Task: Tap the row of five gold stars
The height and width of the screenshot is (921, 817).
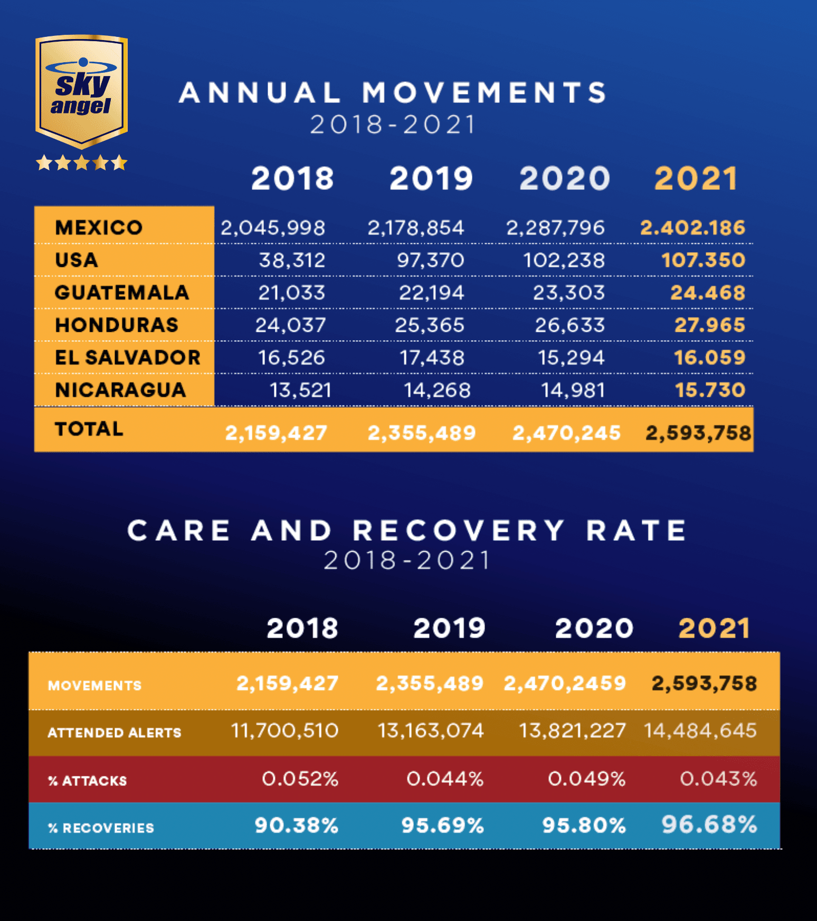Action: pyautogui.click(x=81, y=162)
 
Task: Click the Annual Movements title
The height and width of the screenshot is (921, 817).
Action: pyautogui.click(x=393, y=93)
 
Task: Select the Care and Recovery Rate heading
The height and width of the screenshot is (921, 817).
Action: pyautogui.click(x=407, y=530)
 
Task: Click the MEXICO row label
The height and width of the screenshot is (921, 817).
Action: pyautogui.click(x=99, y=227)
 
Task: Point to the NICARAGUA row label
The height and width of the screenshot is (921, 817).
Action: pyautogui.click(x=120, y=390)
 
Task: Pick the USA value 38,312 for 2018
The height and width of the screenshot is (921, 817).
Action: pyautogui.click(x=292, y=260)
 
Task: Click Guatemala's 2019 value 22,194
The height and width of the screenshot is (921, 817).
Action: pyautogui.click(x=431, y=293)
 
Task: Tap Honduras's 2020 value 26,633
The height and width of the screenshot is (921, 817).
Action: pyautogui.click(x=569, y=325)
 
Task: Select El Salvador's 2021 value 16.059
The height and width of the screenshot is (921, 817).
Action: pyautogui.click(x=709, y=358)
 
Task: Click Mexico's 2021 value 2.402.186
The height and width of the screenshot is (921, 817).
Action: pyautogui.click(x=692, y=228)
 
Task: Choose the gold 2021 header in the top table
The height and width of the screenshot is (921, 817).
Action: pyautogui.click(x=696, y=178)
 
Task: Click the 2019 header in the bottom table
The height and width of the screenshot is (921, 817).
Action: pyautogui.click(x=449, y=628)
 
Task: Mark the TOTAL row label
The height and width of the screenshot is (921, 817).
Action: pyautogui.click(x=89, y=429)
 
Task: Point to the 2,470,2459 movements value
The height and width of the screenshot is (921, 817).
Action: pyautogui.click(x=565, y=684)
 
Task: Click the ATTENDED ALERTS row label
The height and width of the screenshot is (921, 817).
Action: pyautogui.click(x=115, y=733)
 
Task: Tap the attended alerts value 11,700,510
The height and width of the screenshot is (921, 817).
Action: pyautogui.click(x=284, y=731)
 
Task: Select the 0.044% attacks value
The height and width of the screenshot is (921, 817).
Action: pyautogui.click(x=445, y=779)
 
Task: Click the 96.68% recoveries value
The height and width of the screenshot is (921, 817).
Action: pyautogui.click(x=709, y=824)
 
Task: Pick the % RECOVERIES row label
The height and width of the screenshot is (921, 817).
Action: pyautogui.click(x=101, y=828)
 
